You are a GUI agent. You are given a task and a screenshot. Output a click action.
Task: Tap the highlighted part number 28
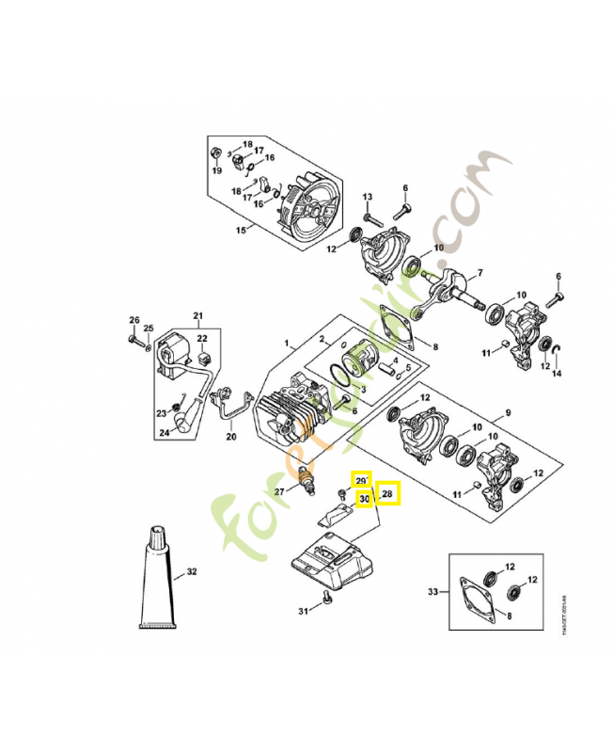(389, 494)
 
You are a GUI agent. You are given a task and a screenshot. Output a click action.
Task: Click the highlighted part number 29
(362, 480)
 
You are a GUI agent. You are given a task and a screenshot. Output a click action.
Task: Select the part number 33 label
(432, 592)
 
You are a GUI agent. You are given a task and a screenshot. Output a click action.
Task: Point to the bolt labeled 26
(133, 340)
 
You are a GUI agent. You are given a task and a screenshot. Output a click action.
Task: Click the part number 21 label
(198, 315)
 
